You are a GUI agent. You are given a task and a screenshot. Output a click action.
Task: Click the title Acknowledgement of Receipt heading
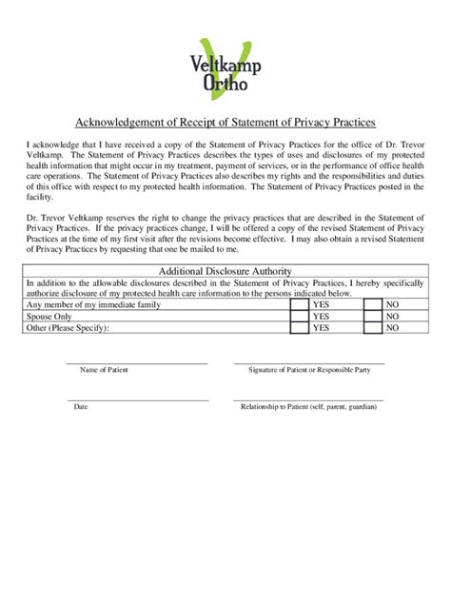[x=225, y=123]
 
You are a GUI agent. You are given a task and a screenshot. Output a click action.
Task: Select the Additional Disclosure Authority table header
[x=225, y=271]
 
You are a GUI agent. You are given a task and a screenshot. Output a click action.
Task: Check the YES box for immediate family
[x=300, y=304]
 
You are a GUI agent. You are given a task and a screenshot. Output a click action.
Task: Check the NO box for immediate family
[x=373, y=304]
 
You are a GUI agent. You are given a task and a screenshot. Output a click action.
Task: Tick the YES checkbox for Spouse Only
[x=300, y=316]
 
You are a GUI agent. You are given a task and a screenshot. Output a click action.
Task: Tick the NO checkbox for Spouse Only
[x=373, y=316]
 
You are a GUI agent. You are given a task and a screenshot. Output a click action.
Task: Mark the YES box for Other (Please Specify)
[x=300, y=328]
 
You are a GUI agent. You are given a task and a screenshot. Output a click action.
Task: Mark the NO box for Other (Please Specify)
[x=373, y=328]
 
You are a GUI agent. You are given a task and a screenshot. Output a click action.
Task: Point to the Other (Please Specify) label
[x=69, y=328]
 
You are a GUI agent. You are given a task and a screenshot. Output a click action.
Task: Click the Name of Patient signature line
[x=136, y=362]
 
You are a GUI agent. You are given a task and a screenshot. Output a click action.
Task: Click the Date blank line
[x=136, y=399]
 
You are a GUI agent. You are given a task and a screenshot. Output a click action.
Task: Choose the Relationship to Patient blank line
[x=309, y=399]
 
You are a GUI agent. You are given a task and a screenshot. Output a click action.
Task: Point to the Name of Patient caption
[x=104, y=370]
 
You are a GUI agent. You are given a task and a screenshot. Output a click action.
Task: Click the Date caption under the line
[x=81, y=407]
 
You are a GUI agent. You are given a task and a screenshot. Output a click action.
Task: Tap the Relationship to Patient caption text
[x=308, y=407]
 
